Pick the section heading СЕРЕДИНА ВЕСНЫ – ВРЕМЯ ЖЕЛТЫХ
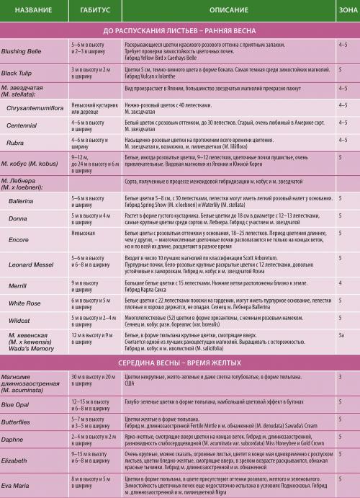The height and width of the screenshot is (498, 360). pos(179,363)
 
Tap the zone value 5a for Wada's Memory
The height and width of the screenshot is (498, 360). pos(341,336)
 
